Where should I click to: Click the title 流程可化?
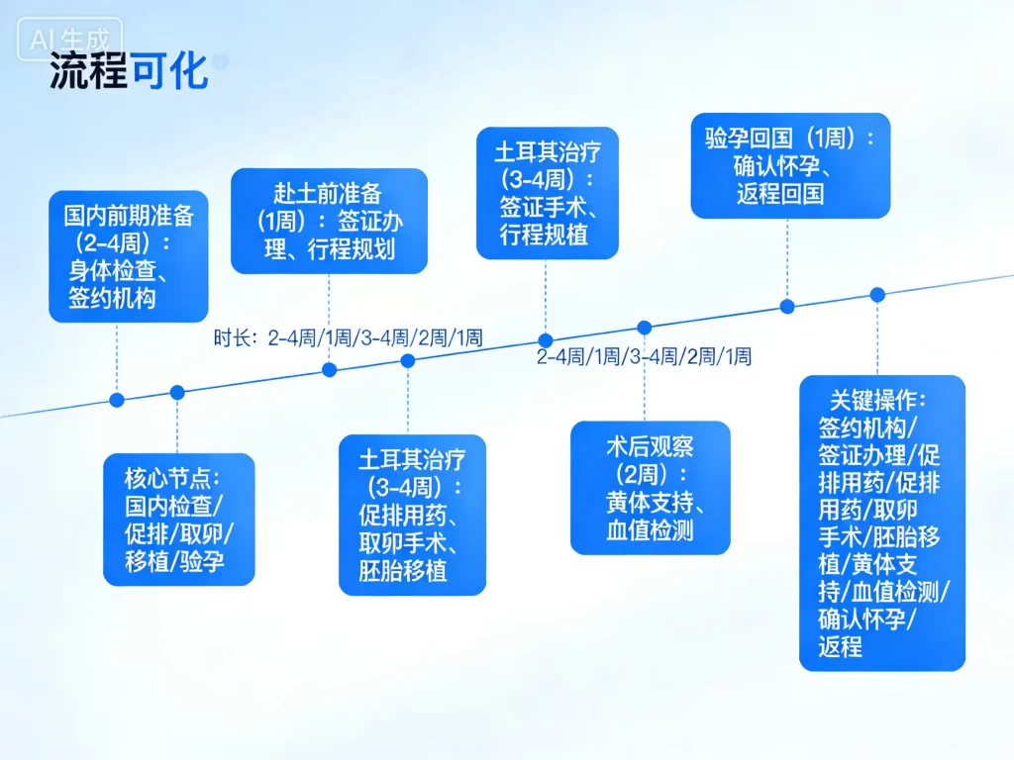(129, 71)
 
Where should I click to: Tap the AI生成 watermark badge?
(69, 40)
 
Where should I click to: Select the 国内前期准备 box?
(129, 256)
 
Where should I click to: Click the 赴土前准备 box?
(329, 220)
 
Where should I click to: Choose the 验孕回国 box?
(789, 164)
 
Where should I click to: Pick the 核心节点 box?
(178, 519)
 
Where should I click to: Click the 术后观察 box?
(650, 487)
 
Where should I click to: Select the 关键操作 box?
(881, 522)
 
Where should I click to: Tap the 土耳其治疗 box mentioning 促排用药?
(412, 515)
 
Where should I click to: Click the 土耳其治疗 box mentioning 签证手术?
(547, 193)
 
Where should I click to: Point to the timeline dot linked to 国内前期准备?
(117, 400)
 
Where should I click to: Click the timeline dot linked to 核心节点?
(177, 392)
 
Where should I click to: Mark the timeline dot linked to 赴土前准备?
(330, 370)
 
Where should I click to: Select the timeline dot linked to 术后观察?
(644, 328)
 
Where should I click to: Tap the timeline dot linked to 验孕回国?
(787, 306)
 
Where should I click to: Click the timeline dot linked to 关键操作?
(877, 294)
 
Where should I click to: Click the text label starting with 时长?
(348, 338)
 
